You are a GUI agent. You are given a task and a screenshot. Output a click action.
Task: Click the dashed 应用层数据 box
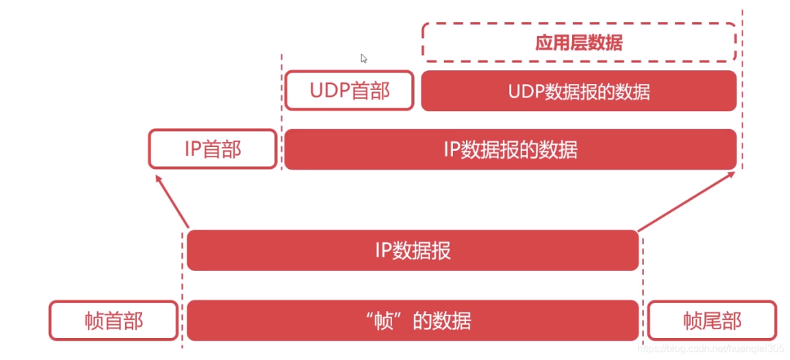pos(579,42)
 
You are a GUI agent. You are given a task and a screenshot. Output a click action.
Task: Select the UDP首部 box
pos(350,91)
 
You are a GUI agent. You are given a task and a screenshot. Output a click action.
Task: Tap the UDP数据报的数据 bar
pos(579,91)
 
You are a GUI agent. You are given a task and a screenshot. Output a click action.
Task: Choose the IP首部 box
pos(213,149)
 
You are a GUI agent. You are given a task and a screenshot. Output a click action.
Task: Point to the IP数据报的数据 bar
pos(510,149)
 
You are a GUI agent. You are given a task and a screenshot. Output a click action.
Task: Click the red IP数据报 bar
pos(413,250)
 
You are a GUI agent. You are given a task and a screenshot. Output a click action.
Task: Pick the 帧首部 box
pos(113,320)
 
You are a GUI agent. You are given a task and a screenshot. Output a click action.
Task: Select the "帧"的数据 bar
pos(413,320)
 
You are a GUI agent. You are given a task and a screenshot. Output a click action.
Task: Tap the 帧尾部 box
pos(712,320)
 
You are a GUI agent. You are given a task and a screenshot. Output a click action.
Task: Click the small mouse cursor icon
pos(364,59)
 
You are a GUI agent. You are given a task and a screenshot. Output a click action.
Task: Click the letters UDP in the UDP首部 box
pos(327,91)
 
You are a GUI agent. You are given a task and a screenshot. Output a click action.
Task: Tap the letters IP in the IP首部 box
pos(192,149)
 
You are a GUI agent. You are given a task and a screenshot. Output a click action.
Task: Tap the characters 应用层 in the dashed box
pos(557,42)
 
